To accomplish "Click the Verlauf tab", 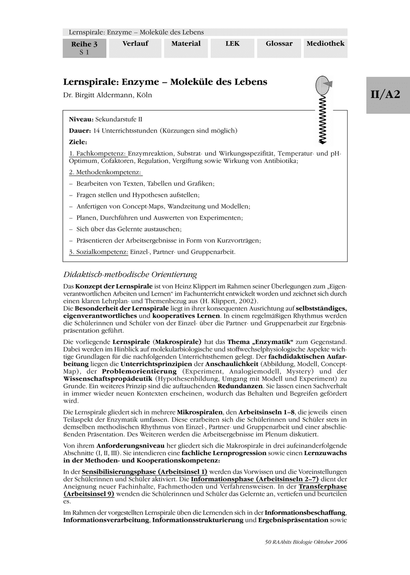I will coord(135,44).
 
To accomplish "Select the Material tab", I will coord(186,44).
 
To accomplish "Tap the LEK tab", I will coord(232,44).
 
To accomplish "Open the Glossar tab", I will coord(279,44).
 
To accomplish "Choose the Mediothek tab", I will coord(325,44).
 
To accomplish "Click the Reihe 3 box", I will coord(84,48).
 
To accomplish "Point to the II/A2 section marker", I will coord(388,95).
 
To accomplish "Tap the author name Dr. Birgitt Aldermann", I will coord(107,95).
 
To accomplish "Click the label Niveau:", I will coord(81,118).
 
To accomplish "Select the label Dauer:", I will coord(80,130).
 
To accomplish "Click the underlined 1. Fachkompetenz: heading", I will coord(98,153).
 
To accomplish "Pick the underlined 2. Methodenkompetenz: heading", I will coord(106,172).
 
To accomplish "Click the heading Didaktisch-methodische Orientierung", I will coord(130,275).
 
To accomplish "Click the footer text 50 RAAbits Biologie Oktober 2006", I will coord(305,542).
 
